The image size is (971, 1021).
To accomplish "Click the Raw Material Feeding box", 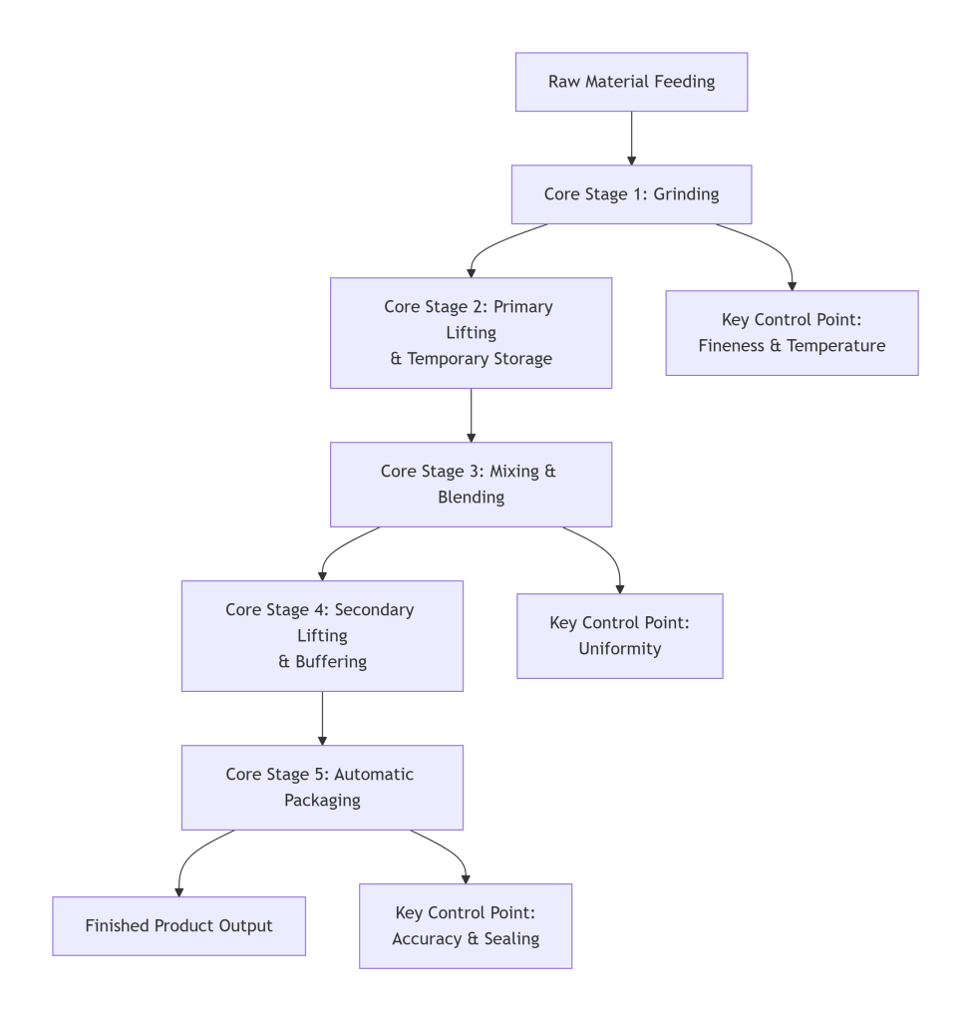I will pyautogui.click(x=631, y=82).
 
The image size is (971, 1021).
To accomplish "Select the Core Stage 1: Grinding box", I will pyautogui.click(x=631, y=194).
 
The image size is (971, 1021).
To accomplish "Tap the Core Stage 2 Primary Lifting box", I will pyautogui.click(x=471, y=333).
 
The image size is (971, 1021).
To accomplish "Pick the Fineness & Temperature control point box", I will pyautogui.click(x=792, y=333).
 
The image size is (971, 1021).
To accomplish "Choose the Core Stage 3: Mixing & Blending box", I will pyautogui.click(x=471, y=485).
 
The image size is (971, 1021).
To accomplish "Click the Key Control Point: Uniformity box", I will pyautogui.click(x=619, y=636).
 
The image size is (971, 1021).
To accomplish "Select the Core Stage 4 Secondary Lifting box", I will pyautogui.click(x=322, y=636).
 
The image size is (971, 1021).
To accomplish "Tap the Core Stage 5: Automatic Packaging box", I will pyautogui.click(x=322, y=788).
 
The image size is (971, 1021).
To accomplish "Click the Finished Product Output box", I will pyautogui.click(x=178, y=926).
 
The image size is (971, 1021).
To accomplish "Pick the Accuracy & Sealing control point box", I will pyautogui.click(x=466, y=926).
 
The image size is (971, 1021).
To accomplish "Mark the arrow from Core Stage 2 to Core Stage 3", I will pyautogui.click(x=471, y=415).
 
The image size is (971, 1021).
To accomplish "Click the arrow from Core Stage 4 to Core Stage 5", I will pyautogui.click(x=322, y=718).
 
